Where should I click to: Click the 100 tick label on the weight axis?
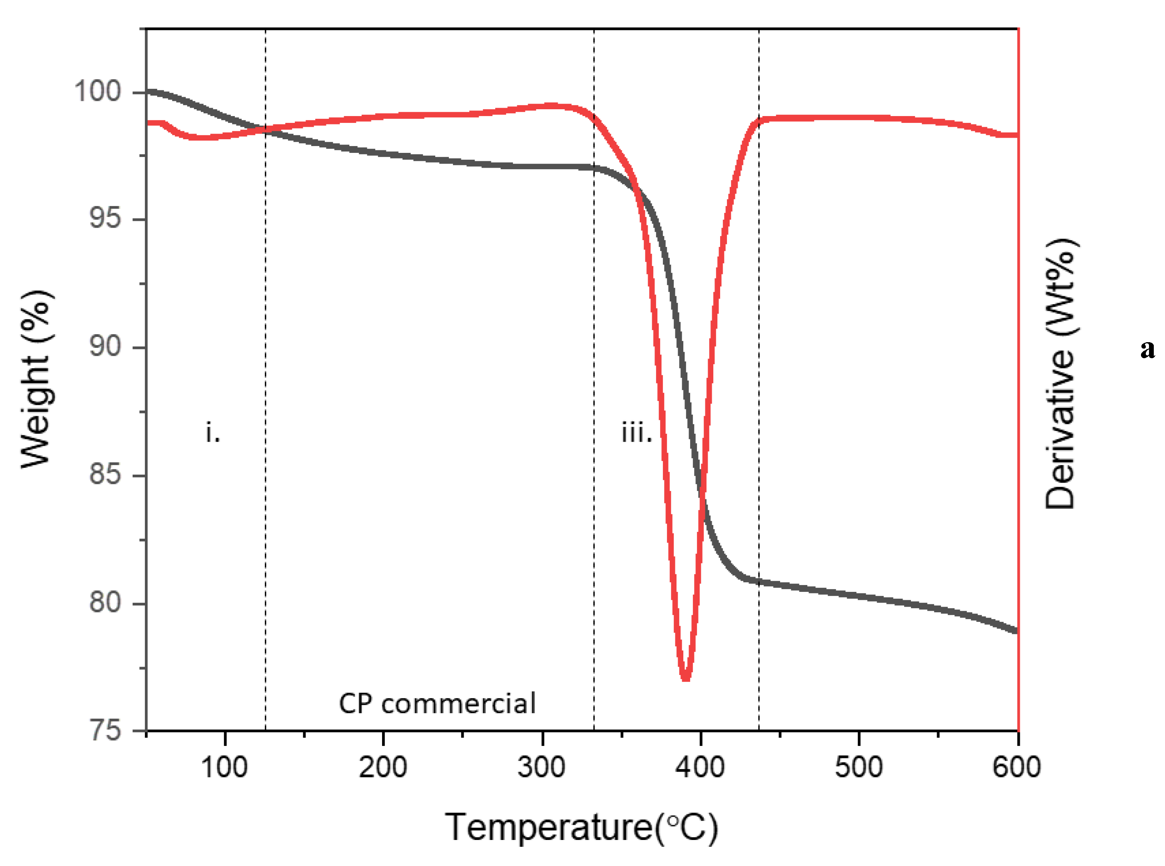[x=98, y=91]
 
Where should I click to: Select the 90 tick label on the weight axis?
[x=105, y=347]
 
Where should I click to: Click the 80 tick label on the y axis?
[x=105, y=602]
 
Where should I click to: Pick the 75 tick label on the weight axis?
[x=105, y=730]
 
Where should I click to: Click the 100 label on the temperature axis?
[x=224, y=768]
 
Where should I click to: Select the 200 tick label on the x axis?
[x=383, y=768]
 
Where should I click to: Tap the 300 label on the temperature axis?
[x=541, y=768]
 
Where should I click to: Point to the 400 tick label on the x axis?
[x=700, y=768]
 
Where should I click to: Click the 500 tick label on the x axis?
[x=859, y=768]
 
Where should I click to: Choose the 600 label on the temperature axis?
[x=1017, y=768]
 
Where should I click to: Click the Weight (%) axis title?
[x=37, y=379]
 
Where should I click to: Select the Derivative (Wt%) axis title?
[x=1060, y=373]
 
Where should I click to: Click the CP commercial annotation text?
[x=437, y=704]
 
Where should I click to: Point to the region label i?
[x=212, y=433]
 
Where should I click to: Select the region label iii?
[x=636, y=433]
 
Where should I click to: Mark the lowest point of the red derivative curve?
[x=685, y=680]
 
